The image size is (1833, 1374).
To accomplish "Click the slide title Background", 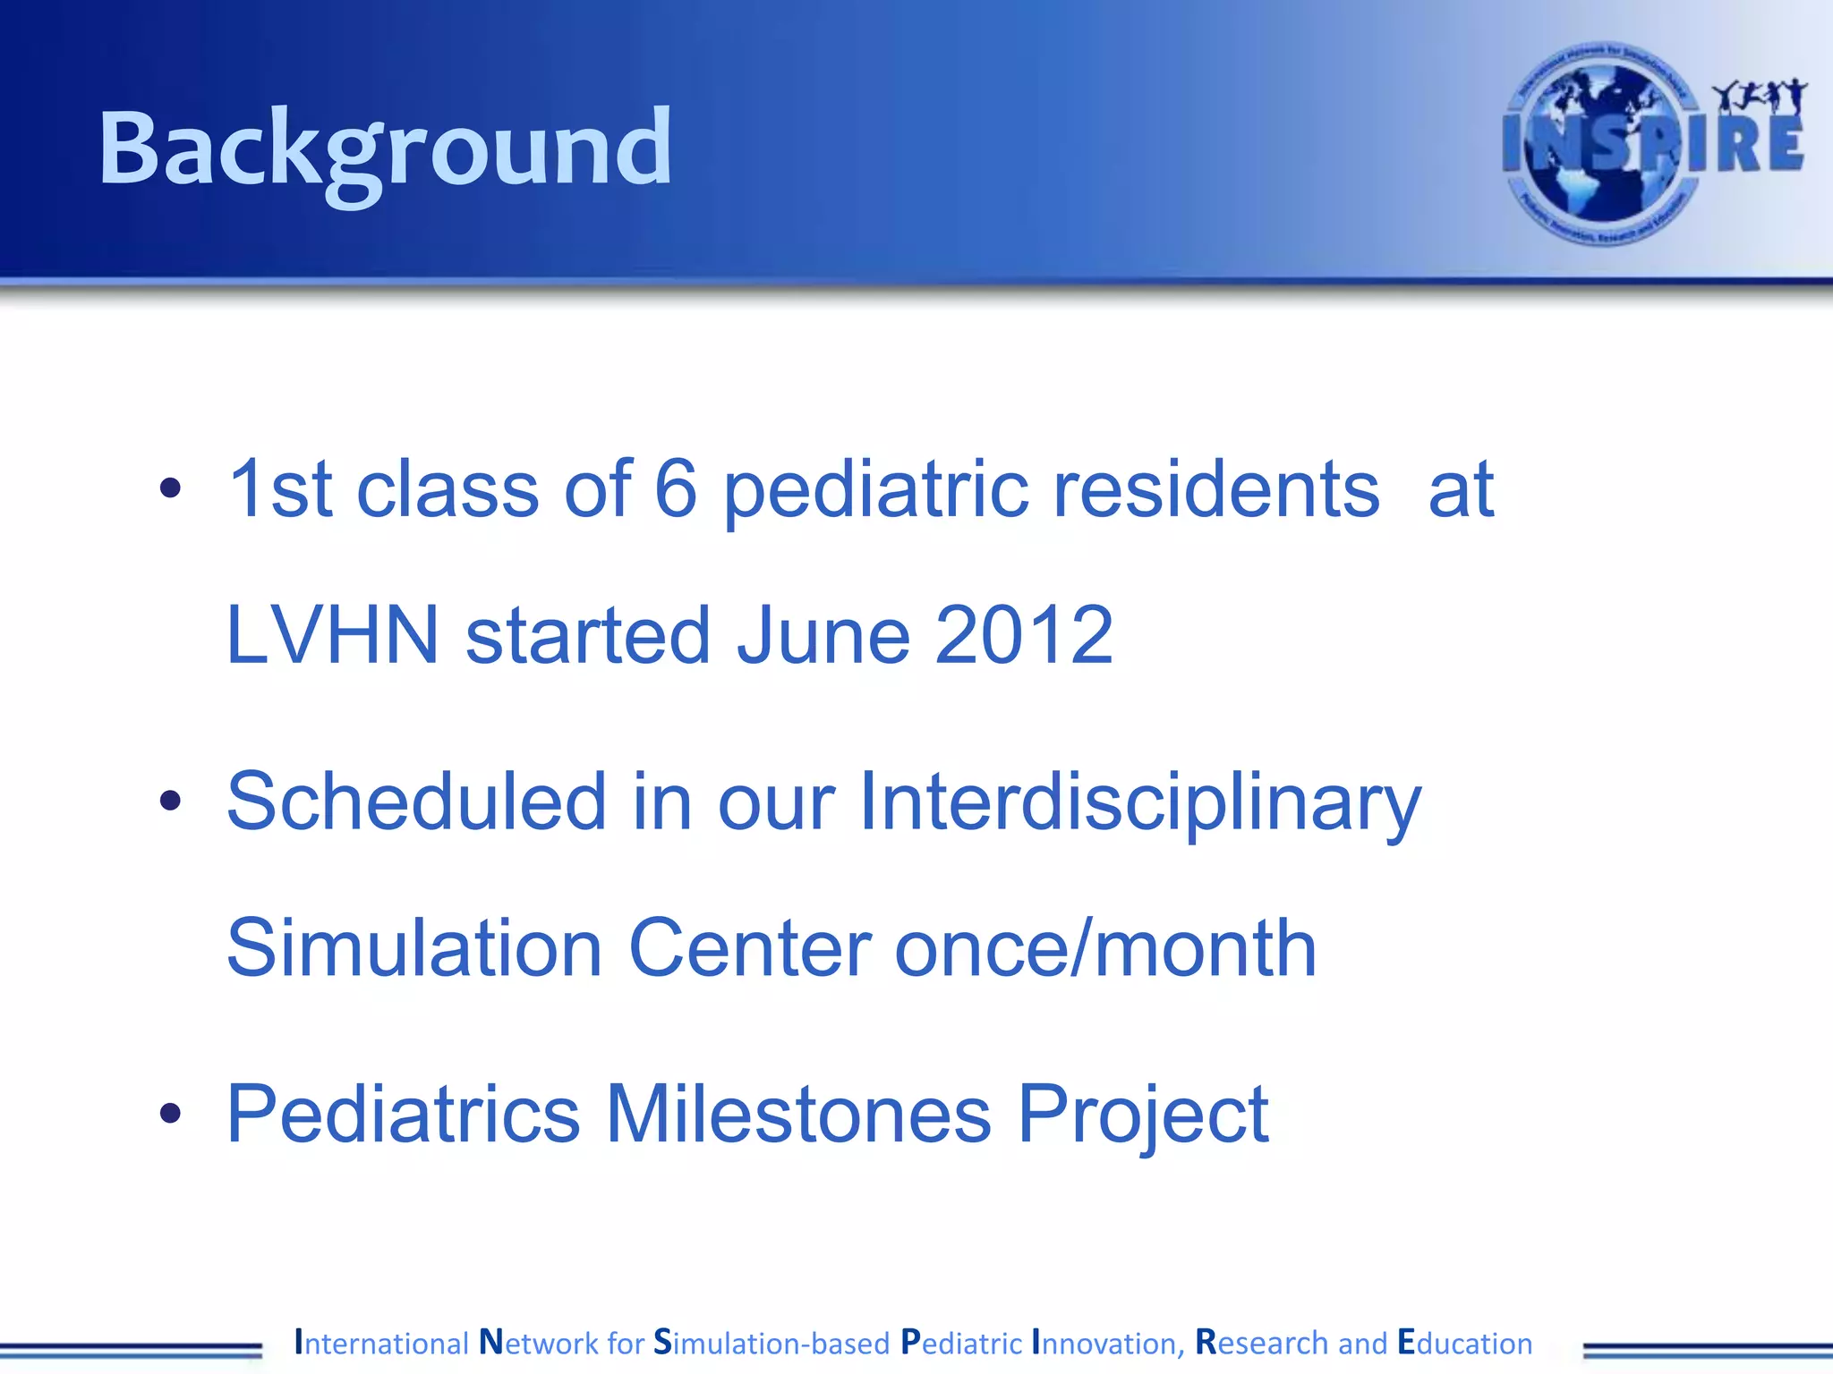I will [x=385, y=148].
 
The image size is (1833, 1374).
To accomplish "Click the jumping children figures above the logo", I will [x=1759, y=97].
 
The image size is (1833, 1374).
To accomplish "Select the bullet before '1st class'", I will [x=170, y=488].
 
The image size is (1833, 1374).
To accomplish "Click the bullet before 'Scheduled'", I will [x=170, y=801].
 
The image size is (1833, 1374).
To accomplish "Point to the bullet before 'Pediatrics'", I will [x=170, y=1114].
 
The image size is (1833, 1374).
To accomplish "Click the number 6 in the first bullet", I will [x=676, y=488].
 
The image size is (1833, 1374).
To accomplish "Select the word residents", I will [x=1217, y=488].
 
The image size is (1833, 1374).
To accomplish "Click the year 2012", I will [x=1025, y=635].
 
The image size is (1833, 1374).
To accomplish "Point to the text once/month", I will [x=1105, y=948].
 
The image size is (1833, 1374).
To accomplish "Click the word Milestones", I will [x=798, y=1114].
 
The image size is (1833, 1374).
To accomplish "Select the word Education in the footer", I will [x=1464, y=1343].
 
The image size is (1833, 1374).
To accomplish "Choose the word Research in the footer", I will [x=1262, y=1343].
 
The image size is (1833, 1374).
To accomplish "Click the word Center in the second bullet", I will [x=750, y=948].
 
